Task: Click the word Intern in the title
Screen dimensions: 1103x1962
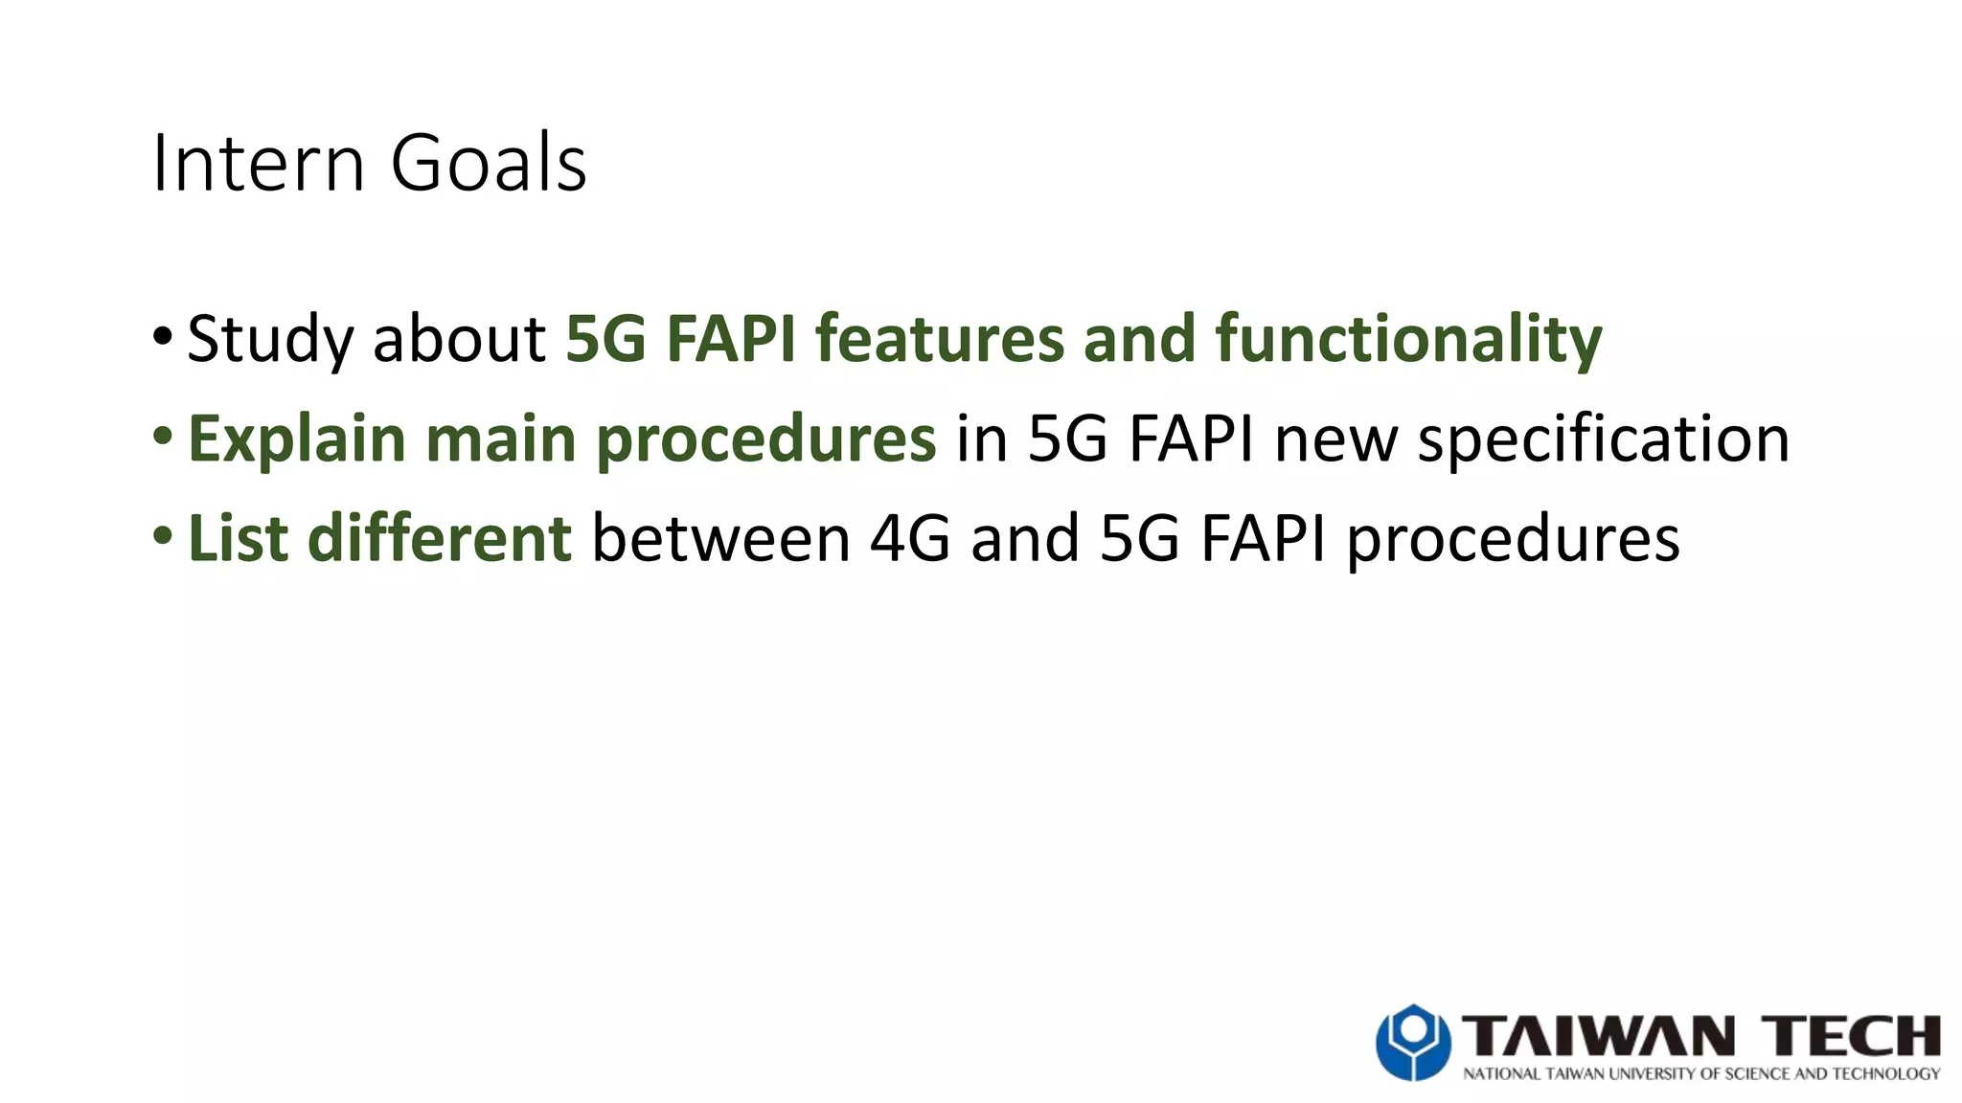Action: pyautogui.click(x=257, y=163)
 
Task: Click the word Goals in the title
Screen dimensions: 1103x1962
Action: pyautogui.click(x=488, y=163)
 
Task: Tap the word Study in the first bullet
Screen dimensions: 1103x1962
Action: pyautogui.click(x=270, y=339)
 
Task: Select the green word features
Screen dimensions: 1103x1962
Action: pyautogui.click(x=939, y=339)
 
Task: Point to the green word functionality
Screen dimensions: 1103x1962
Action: pyautogui.click(x=1408, y=339)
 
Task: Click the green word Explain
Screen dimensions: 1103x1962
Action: pyautogui.click(x=297, y=439)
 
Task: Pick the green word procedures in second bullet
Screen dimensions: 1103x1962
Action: pyautogui.click(x=765, y=439)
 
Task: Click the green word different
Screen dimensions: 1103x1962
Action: pyautogui.click(x=440, y=538)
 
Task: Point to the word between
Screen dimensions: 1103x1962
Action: pyautogui.click(x=720, y=538)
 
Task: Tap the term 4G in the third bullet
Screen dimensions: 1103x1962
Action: pyautogui.click(x=909, y=538)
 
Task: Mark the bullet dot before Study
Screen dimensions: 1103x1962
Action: pyautogui.click(x=162, y=336)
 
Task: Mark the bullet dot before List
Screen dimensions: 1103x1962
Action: pyautogui.click(x=162, y=535)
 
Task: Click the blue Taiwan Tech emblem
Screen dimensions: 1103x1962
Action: pyautogui.click(x=1413, y=1042)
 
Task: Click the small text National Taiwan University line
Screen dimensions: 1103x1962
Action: pyautogui.click(x=1700, y=1074)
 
